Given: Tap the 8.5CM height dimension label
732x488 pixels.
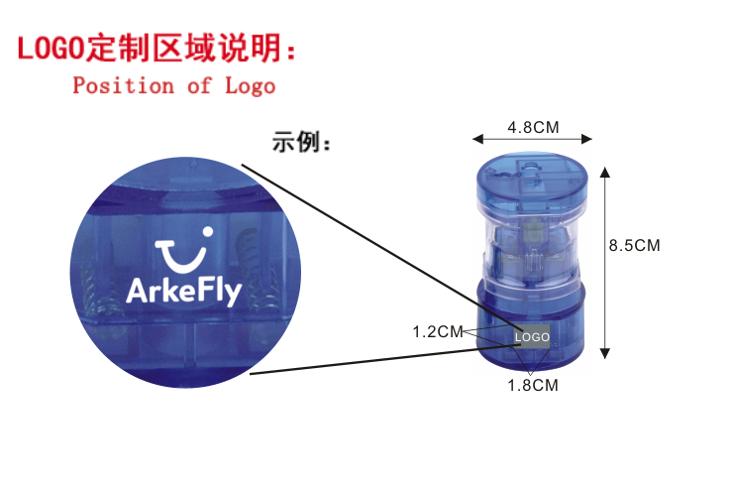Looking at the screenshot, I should pos(634,245).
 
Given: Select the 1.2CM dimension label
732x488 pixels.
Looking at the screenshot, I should pos(438,331).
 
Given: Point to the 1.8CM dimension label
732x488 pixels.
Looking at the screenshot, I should pos(532,385).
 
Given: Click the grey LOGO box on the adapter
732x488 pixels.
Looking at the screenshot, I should pos(532,337).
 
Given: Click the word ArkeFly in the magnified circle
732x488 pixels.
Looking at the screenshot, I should pos(183,290).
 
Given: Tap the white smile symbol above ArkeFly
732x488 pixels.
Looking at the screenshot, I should pos(185,249).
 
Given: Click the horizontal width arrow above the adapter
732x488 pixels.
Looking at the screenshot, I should pos(532,139).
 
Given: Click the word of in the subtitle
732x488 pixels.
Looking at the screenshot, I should pos(199,85).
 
